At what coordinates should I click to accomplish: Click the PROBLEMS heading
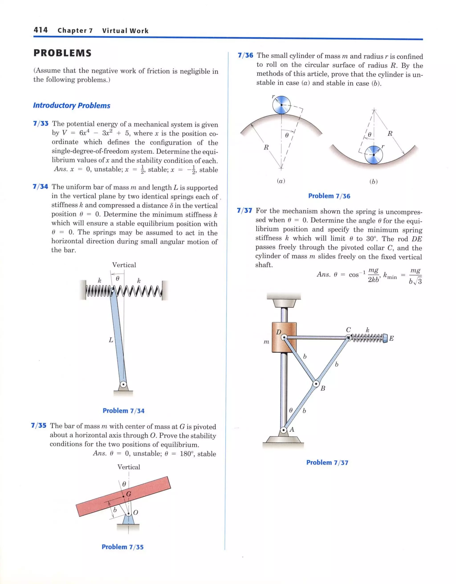[62, 53]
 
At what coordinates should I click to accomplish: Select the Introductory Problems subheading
[71, 105]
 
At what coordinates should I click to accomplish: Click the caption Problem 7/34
[123, 411]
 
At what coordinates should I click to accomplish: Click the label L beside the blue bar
[111, 340]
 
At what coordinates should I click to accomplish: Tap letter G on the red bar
[129, 494]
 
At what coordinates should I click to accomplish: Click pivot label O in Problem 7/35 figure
[136, 512]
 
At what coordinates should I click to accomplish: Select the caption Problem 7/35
[122, 547]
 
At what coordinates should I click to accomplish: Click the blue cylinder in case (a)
[281, 105]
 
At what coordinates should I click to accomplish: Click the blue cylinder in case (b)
[374, 155]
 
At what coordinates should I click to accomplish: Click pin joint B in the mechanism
[316, 384]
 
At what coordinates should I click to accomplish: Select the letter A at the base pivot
[292, 429]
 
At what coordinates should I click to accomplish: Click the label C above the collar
[348, 330]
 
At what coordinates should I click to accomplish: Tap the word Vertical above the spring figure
[124, 265]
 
